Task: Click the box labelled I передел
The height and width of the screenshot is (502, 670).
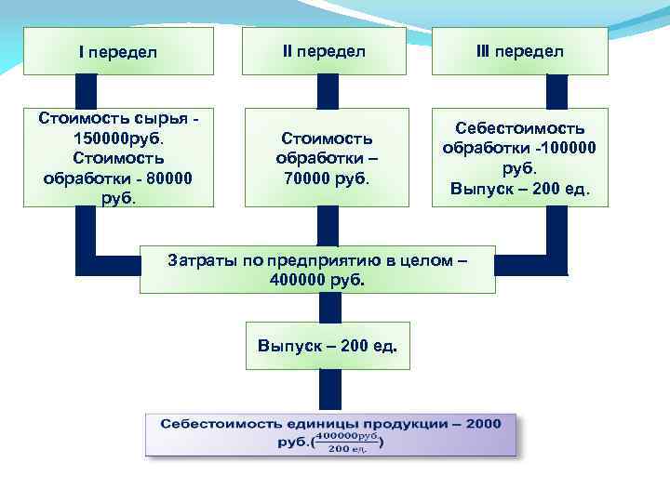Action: [x=117, y=51]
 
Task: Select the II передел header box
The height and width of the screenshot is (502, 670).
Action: [x=323, y=51]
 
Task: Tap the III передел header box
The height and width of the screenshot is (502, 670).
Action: [x=520, y=51]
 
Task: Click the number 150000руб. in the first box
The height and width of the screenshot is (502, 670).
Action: [x=117, y=138]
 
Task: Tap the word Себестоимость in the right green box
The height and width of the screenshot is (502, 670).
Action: [x=519, y=127]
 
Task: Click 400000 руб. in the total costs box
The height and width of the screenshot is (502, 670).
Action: [x=316, y=278]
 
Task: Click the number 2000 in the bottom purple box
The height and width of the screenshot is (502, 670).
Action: [x=482, y=424]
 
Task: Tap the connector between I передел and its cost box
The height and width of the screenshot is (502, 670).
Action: [x=87, y=91]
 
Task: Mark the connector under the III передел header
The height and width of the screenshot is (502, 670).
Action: [x=556, y=91]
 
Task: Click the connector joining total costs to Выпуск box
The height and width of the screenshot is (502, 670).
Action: [x=328, y=308]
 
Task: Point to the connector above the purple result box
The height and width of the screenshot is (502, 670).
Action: [x=328, y=389]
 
